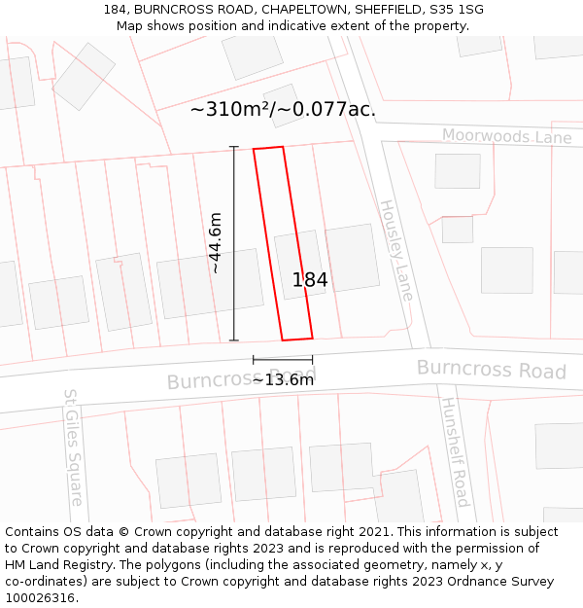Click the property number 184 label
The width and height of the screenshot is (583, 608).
click(x=310, y=280)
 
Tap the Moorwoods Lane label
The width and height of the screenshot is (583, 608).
click(x=506, y=137)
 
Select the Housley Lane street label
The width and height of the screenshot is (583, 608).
click(x=396, y=250)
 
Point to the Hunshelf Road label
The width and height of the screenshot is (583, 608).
click(x=455, y=451)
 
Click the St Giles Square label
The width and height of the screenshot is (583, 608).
click(x=73, y=447)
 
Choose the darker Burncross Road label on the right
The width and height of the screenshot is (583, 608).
click(x=491, y=370)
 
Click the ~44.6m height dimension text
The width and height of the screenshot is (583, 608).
click(x=215, y=243)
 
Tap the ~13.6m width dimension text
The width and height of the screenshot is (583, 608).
click(x=283, y=379)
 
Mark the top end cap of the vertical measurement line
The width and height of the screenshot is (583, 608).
click(x=233, y=147)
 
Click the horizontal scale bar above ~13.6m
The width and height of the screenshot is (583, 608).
click(x=283, y=360)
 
